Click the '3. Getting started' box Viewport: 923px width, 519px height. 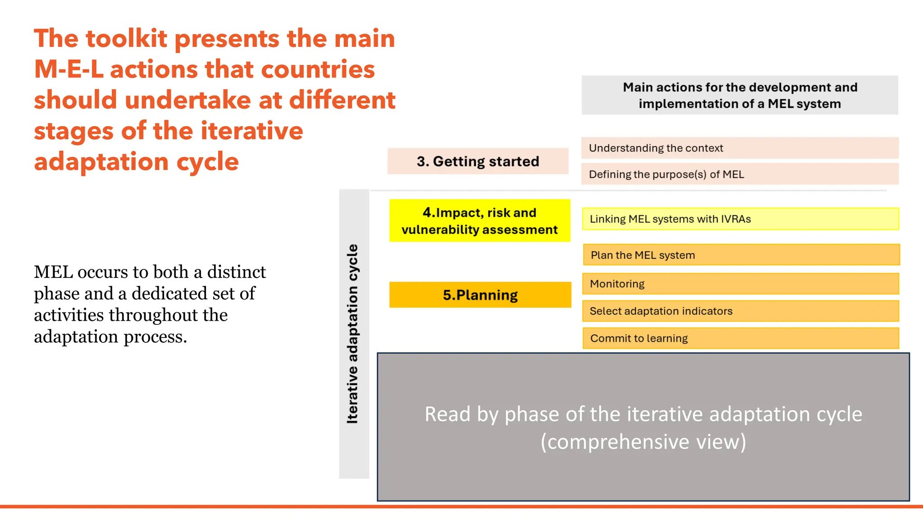click(478, 161)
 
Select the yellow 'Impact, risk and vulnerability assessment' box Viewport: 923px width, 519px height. click(480, 221)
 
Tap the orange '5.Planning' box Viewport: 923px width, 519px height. click(480, 295)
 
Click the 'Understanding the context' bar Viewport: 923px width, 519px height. click(739, 148)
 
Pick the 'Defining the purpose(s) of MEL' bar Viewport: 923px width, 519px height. click(739, 174)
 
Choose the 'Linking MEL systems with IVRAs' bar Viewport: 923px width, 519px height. click(740, 219)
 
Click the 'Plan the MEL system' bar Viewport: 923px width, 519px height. click(741, 255)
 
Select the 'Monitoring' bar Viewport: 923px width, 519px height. click(740, 284)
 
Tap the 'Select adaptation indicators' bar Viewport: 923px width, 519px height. click(740, 311)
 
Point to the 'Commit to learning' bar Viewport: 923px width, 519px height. click(740, 338)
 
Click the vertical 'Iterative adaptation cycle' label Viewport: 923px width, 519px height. click(353, 333)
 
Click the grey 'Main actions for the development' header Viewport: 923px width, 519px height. click(739, 95)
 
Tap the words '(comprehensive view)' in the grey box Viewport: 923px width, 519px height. click(643, 442)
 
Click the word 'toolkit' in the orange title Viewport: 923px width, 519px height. click(126, 39)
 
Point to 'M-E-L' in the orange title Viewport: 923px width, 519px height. click(69, 70)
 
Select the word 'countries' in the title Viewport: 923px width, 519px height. click(318, 70)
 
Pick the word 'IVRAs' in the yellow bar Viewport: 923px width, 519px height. click(736, 219)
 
